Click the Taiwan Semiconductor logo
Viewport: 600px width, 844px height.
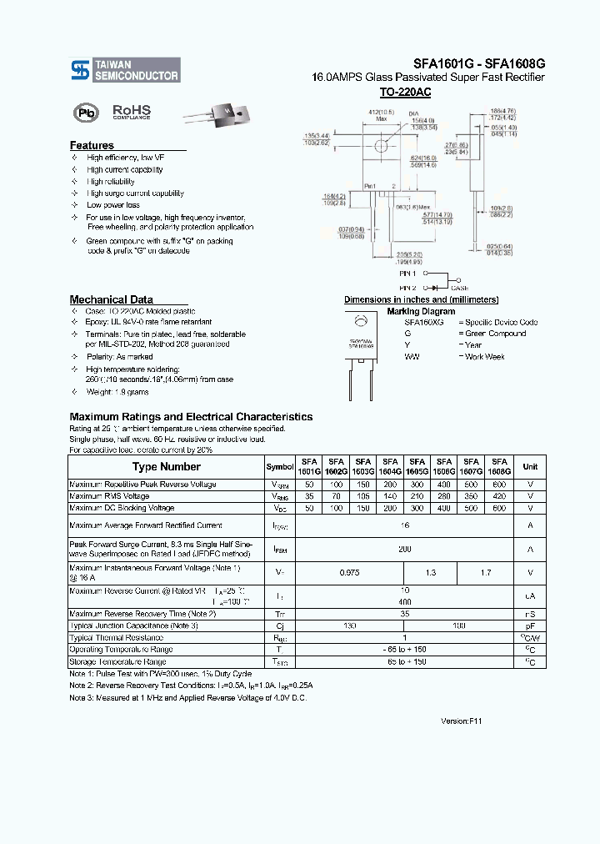click(124, 70)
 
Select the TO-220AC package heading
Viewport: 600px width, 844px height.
click(405, 93)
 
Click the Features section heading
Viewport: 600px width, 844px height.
click(92, 145)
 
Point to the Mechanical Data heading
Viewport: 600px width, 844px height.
click(111, 299)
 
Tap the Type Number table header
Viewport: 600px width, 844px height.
click(166, 467)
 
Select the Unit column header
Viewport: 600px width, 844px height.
click(530, 467)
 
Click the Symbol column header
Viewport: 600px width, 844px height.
click(279, 467)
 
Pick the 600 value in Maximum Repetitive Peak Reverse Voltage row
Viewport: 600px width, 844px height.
click(499, 485)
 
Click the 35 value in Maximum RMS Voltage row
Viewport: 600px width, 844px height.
click(309, 496)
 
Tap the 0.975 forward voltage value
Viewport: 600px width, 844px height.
click(349, 573)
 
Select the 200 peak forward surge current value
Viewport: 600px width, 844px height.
click(404, 549)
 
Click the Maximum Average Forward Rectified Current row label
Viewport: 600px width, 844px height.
click(146, 525)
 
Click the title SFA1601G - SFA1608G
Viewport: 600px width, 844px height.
click(478, 63)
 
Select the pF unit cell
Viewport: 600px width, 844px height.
click(530, 625)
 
